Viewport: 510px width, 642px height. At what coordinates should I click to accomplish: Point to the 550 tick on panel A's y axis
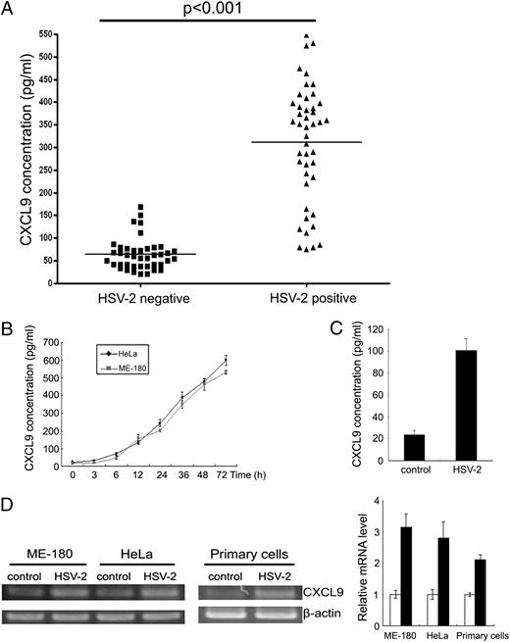[x=46, y=34]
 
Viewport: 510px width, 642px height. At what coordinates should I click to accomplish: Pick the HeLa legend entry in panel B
[x=126, y=349]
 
